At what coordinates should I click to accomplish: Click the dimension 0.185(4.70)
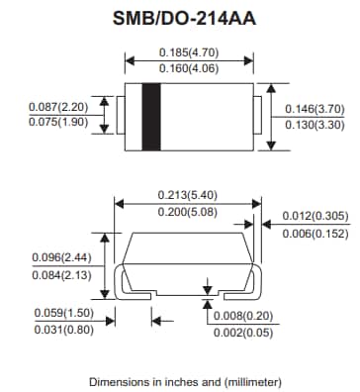pyautogui.click(x=189, y=51)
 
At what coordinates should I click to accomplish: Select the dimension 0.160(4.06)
pyautogui.click(x=189, y=69)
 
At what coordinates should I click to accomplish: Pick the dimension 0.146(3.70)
pyautogui.click(x=315, y=108)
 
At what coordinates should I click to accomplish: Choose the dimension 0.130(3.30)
pyautogui.click(x=315, y=125)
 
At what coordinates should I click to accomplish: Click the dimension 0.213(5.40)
pyautogui.click(x=189, y=194)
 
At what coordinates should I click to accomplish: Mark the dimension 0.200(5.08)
pyautogui.click(x=189, y=212)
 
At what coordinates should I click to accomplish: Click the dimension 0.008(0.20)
pyautogui.click(x=244, y=316)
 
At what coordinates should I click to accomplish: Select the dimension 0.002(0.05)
pyautogui.click(x=244, y=334)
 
